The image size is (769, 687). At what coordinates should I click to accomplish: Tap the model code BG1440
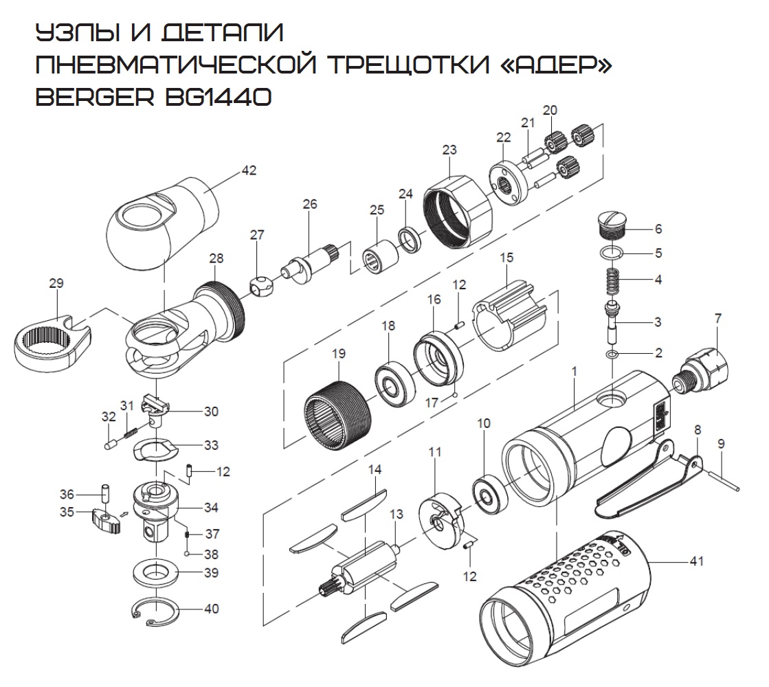click(x=216, y=97)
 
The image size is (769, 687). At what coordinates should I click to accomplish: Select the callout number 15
click(x=506, y=258)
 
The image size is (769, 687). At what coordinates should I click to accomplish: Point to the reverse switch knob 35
click(x=104, y=522)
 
